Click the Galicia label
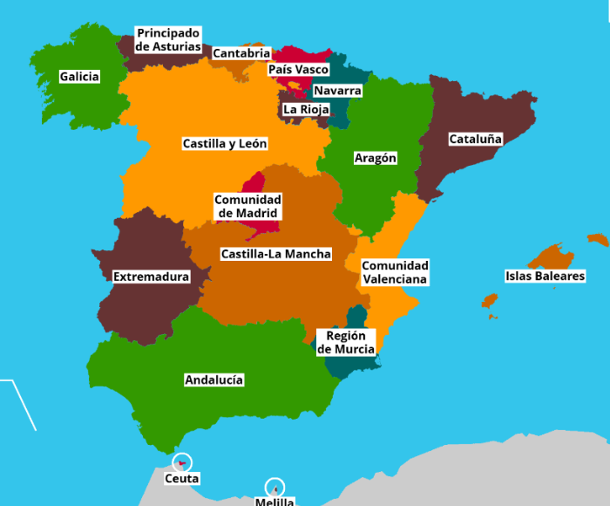pos(79,77)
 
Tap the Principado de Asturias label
pos(169,39)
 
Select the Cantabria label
pos(241,53)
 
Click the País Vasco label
pos(298,69)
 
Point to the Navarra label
pos(337,90)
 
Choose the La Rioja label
pos(305,109)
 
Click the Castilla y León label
pos(225,143)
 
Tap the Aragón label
pos(376,158)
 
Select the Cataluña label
pos(475,139)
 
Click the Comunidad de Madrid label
pos(247,206)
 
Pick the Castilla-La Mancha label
pos(275,254)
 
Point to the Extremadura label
pos(151,277)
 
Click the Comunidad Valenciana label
pos(395,272)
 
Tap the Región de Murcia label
pos(346,342)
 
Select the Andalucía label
pos(213,379)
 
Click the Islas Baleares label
pos(545,276)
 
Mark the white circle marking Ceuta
pos(182,462)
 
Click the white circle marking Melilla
pos(274,487)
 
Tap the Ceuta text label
pos(182,478)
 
